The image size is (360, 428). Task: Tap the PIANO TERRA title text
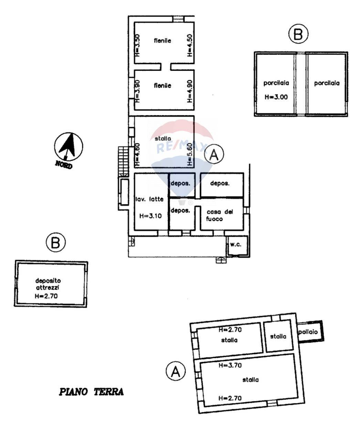92,392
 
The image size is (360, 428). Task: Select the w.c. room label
236,245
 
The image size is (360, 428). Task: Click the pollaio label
310,332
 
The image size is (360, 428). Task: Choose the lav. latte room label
149,199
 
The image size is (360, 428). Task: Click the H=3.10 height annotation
150,216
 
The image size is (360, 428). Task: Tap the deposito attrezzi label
48,283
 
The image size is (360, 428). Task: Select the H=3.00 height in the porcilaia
276,97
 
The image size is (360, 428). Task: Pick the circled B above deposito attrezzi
55,242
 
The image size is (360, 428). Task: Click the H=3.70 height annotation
230,366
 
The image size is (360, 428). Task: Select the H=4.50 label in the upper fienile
190,45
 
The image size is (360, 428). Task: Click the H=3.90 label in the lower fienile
137,91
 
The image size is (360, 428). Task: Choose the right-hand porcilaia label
327,83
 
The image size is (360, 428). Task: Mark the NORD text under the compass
64,165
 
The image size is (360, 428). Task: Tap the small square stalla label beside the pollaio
278,336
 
